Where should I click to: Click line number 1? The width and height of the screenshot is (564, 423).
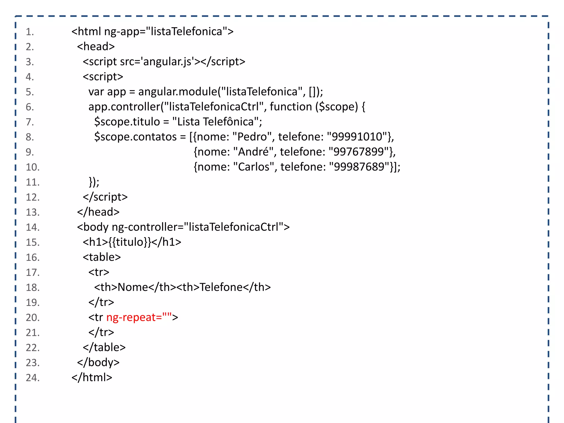30,32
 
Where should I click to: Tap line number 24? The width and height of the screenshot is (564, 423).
32,378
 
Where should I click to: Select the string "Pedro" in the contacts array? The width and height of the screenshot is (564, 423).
252,137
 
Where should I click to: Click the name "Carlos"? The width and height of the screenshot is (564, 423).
254,167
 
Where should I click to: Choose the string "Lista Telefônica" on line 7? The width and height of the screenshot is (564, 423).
215,122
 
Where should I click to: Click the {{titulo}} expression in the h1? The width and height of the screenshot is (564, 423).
130,242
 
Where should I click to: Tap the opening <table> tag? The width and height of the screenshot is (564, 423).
102,257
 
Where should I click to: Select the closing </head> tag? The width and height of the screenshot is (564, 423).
98,212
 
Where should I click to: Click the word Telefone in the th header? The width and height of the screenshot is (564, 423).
221,287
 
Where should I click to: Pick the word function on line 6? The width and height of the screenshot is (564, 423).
291,107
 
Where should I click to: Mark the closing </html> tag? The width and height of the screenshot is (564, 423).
92,378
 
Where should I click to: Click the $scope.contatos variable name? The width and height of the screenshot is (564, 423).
135,137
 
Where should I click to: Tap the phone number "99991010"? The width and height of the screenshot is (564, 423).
357,137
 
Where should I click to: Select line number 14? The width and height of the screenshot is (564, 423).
32,227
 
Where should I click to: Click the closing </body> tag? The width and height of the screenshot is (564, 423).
98,362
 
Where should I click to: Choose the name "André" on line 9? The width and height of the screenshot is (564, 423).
253,152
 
